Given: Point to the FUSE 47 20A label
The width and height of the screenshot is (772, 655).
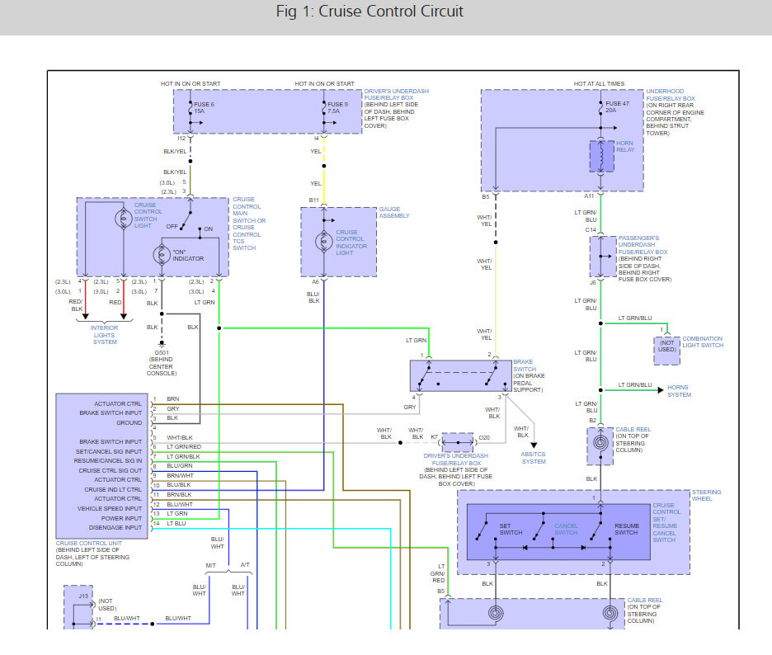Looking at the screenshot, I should click(612, 107).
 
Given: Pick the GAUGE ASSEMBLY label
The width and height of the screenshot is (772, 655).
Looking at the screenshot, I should click(394, 212).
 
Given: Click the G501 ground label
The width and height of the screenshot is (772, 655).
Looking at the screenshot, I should click(162, 356).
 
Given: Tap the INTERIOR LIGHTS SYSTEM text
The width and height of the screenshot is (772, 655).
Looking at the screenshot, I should click(104, 335).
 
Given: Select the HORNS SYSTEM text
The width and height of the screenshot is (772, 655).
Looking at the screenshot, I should click(679, 390).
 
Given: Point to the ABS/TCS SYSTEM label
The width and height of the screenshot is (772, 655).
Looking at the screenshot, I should click(534, 457).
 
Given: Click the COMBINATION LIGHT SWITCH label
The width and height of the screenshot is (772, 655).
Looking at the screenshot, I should click(702, 342).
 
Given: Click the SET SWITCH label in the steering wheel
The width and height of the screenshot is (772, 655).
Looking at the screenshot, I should click(511, 529).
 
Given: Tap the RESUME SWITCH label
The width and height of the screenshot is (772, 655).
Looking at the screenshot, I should click(626, 529).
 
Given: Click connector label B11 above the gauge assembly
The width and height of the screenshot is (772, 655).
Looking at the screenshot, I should click(313, 200).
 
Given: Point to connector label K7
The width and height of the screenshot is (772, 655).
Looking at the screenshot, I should click(434, 436).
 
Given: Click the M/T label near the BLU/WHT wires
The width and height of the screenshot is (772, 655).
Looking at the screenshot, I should click(211, 564).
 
